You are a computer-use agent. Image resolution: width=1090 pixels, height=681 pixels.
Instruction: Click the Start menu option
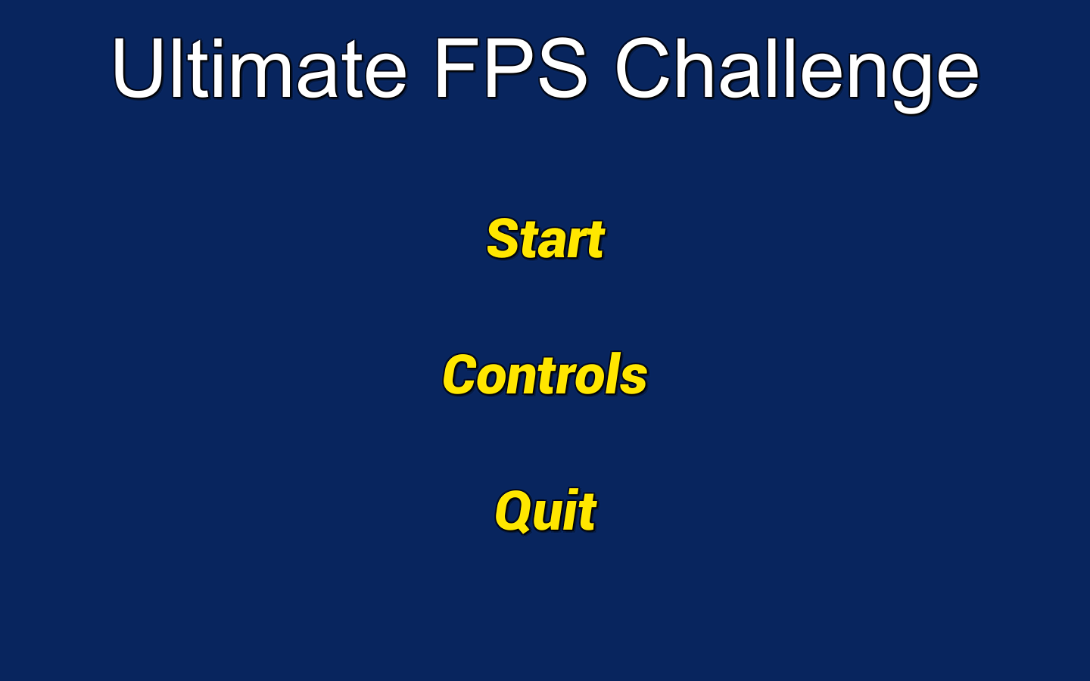(x=545, y=239)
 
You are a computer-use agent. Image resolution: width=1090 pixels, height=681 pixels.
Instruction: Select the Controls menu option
(x=545, y=375)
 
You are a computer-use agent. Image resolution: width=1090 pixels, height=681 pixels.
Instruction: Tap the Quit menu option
(x=545, y=512)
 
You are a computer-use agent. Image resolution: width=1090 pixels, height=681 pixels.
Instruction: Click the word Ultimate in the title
(x=260, y=70)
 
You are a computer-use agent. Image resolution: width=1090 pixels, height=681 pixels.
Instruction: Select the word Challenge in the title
(x=797, y=70)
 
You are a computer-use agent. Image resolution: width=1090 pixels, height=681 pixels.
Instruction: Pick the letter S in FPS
(x=562, y=70)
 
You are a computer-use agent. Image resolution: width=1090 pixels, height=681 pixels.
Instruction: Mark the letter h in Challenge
(x=699, y=70)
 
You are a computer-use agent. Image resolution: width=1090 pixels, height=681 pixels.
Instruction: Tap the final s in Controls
(x=634, y=378)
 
